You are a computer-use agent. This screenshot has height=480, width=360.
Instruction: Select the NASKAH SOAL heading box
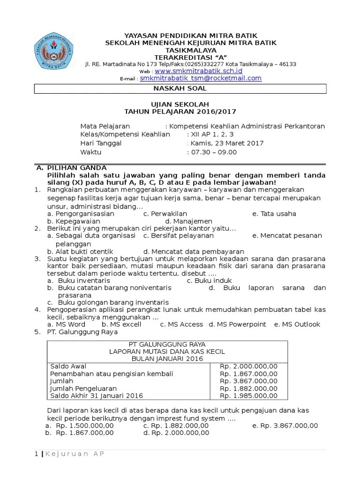click(x=180, y=89)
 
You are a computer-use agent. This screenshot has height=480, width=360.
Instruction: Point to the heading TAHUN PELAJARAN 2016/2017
click(x=180, y=112)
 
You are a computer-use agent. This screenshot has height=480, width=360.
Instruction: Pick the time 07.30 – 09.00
click(x=212, y=152)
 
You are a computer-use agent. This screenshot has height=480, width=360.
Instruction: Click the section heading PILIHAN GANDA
click(x=77, y=168)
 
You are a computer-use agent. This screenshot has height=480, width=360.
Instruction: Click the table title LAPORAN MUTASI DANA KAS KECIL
click(x=167, y=351)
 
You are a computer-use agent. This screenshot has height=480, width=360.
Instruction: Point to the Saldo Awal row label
click(x=68, y=366)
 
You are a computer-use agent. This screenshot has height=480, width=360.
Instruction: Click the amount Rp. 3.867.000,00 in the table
click(x=248, y=381)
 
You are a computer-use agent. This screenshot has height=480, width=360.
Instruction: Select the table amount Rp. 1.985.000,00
click(x=248, y=396)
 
